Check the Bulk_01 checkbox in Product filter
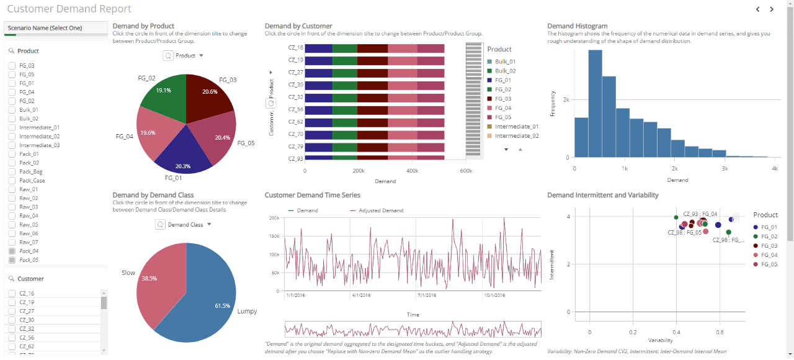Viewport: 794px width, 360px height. [11, 110]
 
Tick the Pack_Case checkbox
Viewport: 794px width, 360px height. [11, 181]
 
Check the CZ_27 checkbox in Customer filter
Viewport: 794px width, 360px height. [11, 311]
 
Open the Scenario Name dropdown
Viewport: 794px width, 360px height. [56, 28]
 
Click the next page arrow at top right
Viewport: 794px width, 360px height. [772, 9]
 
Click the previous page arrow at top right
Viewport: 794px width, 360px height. [757, 9]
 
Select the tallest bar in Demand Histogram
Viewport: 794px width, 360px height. [595, 103]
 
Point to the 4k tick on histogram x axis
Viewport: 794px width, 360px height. [774, 169]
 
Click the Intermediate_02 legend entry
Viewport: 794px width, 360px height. [516, 135]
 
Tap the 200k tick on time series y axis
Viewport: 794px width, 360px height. [274, 218]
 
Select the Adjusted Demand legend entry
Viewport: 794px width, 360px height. [380, 210]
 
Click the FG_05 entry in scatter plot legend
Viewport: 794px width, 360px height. [769, 264]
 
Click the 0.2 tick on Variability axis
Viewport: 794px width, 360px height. [633, 332]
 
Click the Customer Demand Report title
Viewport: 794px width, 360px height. [69, 9]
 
